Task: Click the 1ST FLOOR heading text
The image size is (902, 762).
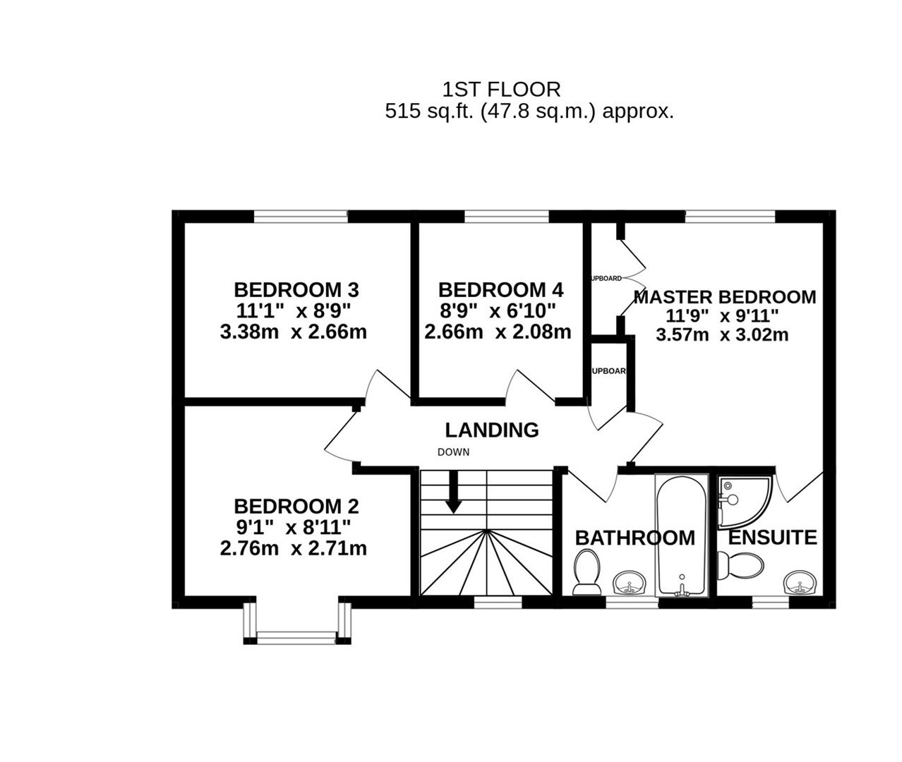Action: [x=501, y=90]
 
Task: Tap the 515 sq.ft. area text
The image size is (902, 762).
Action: [x=529, y=111]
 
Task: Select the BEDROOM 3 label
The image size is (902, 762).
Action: [x=296, y=290]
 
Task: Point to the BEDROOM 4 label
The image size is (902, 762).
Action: [x=500, y=290]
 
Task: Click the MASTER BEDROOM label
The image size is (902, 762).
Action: [x=724, y=297]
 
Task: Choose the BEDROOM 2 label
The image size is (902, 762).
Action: [x=296, y=507]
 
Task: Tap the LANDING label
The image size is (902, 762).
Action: [x=491, y=430]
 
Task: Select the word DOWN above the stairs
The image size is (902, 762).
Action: [x=453, y=452]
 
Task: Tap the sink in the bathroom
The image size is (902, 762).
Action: [x=629, y=583]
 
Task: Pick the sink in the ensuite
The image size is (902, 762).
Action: [x=800, y=583]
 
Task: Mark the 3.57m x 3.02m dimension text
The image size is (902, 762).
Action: [x=721, y=335]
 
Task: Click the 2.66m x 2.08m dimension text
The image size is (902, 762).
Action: [x=498, y=332]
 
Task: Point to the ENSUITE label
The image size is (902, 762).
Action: [x=772, y=538]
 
